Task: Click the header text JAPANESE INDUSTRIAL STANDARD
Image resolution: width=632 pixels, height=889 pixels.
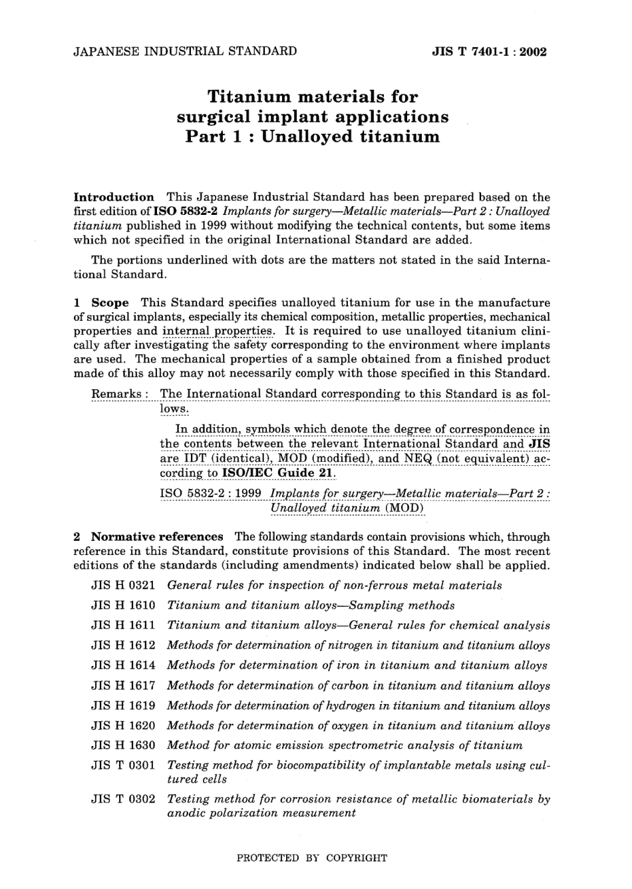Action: click(x=185, y=51)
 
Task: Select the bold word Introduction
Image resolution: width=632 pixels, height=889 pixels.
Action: click(x=114, y=197)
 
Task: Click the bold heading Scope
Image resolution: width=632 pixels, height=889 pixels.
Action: click(x=110, y=303)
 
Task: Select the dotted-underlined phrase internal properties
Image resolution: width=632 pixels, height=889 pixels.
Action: click(x=218, y=331)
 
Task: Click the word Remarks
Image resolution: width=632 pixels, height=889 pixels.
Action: click(x=116, y=394)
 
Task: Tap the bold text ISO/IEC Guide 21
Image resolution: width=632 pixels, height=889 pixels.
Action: click(x=278, y=473)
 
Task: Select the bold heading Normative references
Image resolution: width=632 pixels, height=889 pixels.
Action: click(x=157, y=536)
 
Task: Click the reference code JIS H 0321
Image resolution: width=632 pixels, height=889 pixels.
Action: click(x=122, y=586)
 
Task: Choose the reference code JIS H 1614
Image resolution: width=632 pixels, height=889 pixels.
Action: click(x=122, y=665)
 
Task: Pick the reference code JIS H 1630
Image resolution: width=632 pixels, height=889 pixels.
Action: click(x=122, y=745)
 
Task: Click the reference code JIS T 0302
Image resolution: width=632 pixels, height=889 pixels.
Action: click(x=122, y=799)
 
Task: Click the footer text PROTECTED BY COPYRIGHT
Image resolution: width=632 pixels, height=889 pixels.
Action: click(x=312, y=858)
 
